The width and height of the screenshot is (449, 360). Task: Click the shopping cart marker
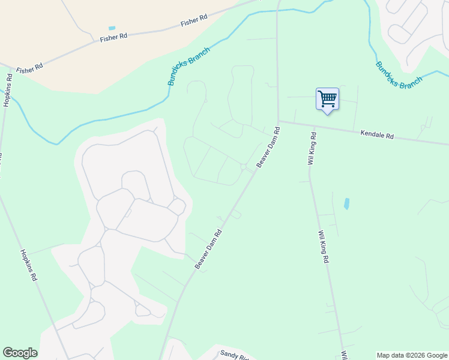pos(327,99)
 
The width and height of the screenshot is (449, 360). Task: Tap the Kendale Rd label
pos(377,136)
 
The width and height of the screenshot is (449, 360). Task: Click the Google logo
pos(20,353)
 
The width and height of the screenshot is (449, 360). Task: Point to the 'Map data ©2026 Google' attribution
pos(411,355)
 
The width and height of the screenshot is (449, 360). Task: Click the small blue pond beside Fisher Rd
pos(112,28)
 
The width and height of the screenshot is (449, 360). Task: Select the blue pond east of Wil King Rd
pos(346,203)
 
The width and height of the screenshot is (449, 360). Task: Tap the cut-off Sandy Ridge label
pos(234,355)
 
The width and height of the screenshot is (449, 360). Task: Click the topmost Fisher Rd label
pos(194,22)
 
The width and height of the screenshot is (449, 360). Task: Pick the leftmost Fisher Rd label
pos(29,68)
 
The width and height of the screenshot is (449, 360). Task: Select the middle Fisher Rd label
pos(114,37)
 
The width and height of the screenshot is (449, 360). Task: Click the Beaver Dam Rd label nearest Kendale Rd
pos(268,147)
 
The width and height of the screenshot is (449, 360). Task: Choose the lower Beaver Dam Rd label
pos(208,249)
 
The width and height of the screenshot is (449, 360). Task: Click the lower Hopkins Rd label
pos(29,265)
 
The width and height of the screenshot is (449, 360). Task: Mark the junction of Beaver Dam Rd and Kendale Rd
pos(278,122)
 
